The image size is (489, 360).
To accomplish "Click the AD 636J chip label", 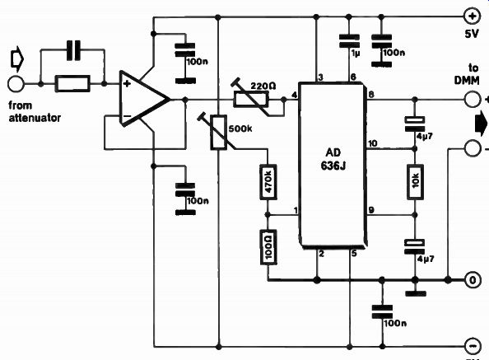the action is tap(333, 159).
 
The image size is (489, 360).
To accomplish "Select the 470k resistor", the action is tap(268, 181).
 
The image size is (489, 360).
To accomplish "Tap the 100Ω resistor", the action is tap(268, 247).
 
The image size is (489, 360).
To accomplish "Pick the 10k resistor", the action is tap(415, 182).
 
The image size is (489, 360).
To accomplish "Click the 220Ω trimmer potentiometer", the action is tap(251, 99).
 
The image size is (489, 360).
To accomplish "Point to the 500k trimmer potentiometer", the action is tap(218, 133).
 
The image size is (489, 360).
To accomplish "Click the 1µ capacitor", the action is tap(349, 41).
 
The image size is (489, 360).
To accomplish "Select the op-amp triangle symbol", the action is tap(144, 99).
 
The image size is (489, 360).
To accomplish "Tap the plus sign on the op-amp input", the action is tap(127, 83).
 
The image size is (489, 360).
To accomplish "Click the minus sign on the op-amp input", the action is tap(127, 116).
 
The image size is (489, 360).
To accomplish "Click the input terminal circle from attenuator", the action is tap(16, 84).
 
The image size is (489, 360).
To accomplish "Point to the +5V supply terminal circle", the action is tap(473, 16).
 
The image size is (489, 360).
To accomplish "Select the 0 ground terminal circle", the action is tap(473, 280).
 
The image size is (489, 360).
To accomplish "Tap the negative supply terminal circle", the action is tap(473, 346).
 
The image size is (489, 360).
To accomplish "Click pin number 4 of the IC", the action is tap(295, 95).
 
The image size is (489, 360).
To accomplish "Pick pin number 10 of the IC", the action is tap(372, 143).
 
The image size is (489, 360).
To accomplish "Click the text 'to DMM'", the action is tap(467, 74).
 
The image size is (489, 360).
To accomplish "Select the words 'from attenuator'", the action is tap(35, 111).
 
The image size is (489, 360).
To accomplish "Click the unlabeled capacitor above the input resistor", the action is tap(73, 50).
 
